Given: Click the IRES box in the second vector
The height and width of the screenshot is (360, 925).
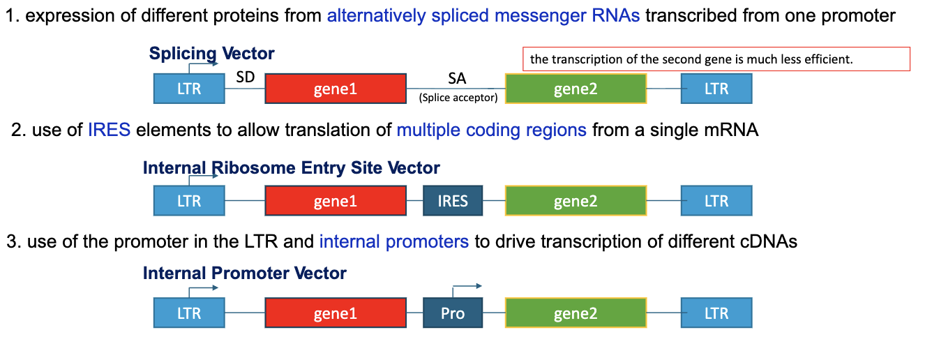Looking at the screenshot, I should point(453,201).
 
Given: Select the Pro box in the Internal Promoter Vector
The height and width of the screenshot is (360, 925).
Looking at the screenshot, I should point(453,313).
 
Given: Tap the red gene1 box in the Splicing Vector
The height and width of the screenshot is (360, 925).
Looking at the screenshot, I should point(336,89).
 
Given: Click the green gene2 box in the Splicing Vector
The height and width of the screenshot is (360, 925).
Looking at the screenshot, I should point(576,89).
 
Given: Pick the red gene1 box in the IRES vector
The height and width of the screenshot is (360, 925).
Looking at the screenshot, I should point(336,201).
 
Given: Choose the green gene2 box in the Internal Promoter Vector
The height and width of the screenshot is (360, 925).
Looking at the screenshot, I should point(576,313).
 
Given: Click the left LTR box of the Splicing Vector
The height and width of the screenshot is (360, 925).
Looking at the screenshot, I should point(189,89).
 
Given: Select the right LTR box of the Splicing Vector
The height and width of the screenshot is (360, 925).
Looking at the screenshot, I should point(716,89).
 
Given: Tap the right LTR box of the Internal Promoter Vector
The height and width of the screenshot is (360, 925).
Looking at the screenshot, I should point(716,313).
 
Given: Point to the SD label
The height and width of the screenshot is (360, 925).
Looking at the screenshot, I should point(246,77).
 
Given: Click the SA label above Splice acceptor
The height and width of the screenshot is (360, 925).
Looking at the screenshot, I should point(457,79).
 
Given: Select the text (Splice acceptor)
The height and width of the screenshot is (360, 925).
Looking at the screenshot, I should point(458,98).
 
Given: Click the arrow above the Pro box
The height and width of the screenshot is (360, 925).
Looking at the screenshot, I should point(467,286).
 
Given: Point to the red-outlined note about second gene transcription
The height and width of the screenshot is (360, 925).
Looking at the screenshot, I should point(716,59).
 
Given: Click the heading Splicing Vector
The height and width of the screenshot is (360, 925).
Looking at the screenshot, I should point(211,53).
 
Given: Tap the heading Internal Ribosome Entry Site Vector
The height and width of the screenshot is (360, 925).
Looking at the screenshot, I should point(291,167).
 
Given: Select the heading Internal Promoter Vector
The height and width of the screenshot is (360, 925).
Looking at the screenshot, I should point(244,273).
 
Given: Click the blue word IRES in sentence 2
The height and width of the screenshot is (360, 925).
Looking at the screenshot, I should point(109,130).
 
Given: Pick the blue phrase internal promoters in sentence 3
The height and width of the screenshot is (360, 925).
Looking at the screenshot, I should point(393,241).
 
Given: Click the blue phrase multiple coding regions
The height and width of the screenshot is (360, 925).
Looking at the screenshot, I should point(491,130).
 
